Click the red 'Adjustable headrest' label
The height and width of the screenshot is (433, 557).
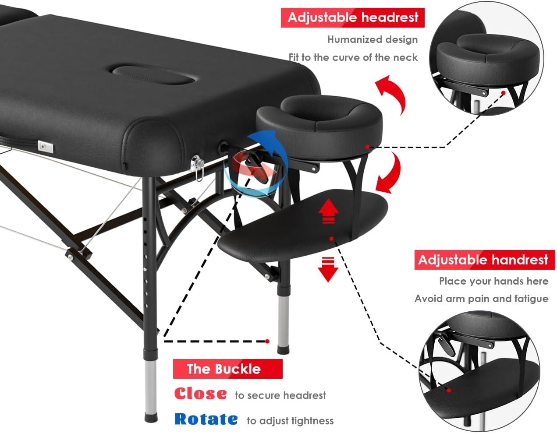[352, 18]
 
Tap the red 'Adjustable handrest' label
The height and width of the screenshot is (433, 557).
[483, 260]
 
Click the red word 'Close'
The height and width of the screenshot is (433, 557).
[200, 394]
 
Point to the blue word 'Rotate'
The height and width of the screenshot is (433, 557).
[206, 419]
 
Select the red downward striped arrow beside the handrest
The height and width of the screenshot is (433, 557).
[328, 269]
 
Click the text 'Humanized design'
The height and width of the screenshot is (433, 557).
[373, 39]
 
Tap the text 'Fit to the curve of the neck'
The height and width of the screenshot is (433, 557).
[353, 57]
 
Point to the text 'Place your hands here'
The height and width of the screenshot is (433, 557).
[494, 281]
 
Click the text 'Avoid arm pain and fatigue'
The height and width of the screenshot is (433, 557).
[481, 299]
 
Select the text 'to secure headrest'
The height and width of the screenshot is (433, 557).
[280, 395]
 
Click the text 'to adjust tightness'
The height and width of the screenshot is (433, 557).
[290, 421]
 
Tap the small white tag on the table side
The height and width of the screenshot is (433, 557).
[45, 147]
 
